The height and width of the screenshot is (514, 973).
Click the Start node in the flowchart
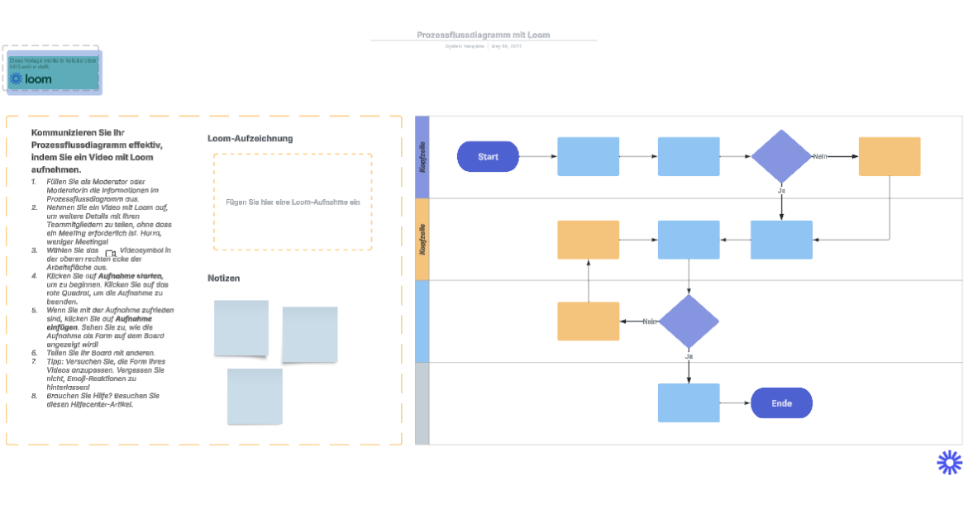coord(488,156)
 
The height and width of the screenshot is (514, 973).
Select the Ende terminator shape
coord(781,403)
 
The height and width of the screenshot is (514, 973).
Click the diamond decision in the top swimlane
coord(781,156)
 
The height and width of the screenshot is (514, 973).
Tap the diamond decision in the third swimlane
coord(689,321)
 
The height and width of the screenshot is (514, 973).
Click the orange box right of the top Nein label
coord(889,156)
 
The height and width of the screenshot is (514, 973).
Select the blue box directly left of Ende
coord(689,403)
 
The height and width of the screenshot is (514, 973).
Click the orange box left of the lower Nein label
coord(588,321)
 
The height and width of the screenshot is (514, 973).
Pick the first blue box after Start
coord(588,156)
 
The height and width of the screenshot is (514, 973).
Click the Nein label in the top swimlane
coord(820,156)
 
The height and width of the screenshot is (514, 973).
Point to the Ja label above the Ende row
coord(689,356)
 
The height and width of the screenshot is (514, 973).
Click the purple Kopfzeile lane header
coord(422,156)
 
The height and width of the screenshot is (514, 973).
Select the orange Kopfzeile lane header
coord(422,239)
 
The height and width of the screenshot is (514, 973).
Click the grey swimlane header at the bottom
coord(422,403)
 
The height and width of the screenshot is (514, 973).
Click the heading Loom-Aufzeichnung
coord(250,139)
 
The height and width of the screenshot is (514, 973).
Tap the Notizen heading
coord(223,278)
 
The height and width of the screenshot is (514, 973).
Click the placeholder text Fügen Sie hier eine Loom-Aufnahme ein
coord(293,202)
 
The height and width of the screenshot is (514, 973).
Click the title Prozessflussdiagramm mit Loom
coord(483,35)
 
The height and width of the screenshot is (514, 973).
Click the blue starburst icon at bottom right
coord(949,462)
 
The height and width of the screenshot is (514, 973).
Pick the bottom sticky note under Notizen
coord(255,397)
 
